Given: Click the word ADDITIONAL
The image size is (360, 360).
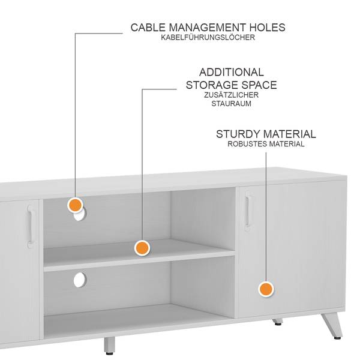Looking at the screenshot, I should click(231, 72).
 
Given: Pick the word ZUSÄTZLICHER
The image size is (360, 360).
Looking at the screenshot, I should click(231, 95).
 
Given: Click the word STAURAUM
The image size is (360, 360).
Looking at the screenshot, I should click(231, 103).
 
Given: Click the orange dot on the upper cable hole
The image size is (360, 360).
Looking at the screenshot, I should click(76, 205).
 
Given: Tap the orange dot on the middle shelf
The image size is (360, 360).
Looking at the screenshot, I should click(142, 247).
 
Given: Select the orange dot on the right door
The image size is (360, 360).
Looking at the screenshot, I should click(266, 289).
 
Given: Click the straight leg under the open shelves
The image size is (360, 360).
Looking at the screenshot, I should click(109, 345).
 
